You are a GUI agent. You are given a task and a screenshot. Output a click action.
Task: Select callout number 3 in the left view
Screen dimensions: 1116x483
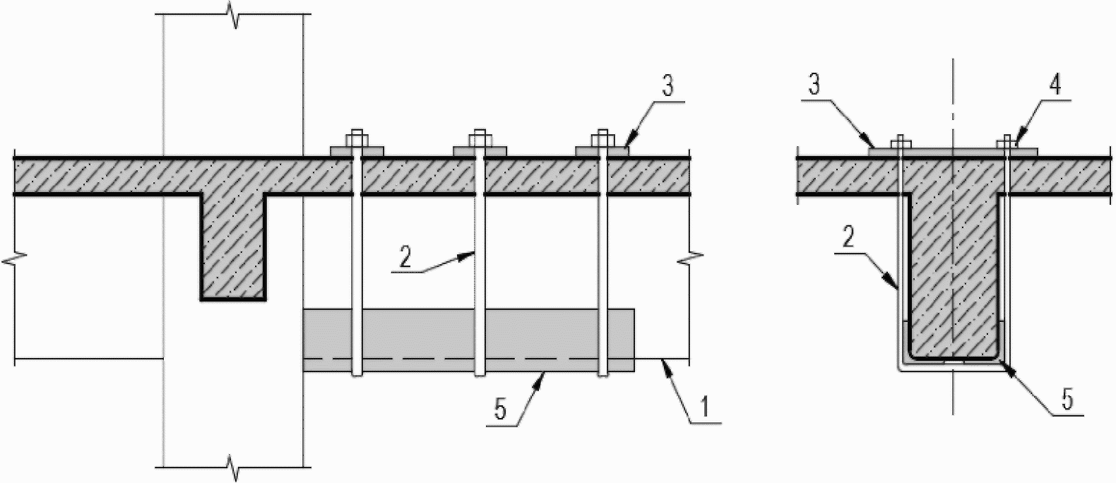click(x=667, y=88)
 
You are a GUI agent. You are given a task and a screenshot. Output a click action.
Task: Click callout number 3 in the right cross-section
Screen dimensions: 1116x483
click(x=814, y=88)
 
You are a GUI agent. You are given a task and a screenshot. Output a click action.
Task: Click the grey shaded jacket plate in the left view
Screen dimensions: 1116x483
click(x=468, y=332)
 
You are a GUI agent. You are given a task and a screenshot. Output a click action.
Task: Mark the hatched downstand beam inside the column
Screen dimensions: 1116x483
click(x=233, y=247)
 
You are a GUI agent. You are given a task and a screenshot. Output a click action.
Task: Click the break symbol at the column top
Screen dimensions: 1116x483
click(x=234, y=15)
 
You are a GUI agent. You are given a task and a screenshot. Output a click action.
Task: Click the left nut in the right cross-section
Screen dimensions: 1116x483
click(x=899, y=141)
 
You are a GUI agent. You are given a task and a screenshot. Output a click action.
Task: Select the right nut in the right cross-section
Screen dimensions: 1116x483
click(x=1004, y=141)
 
